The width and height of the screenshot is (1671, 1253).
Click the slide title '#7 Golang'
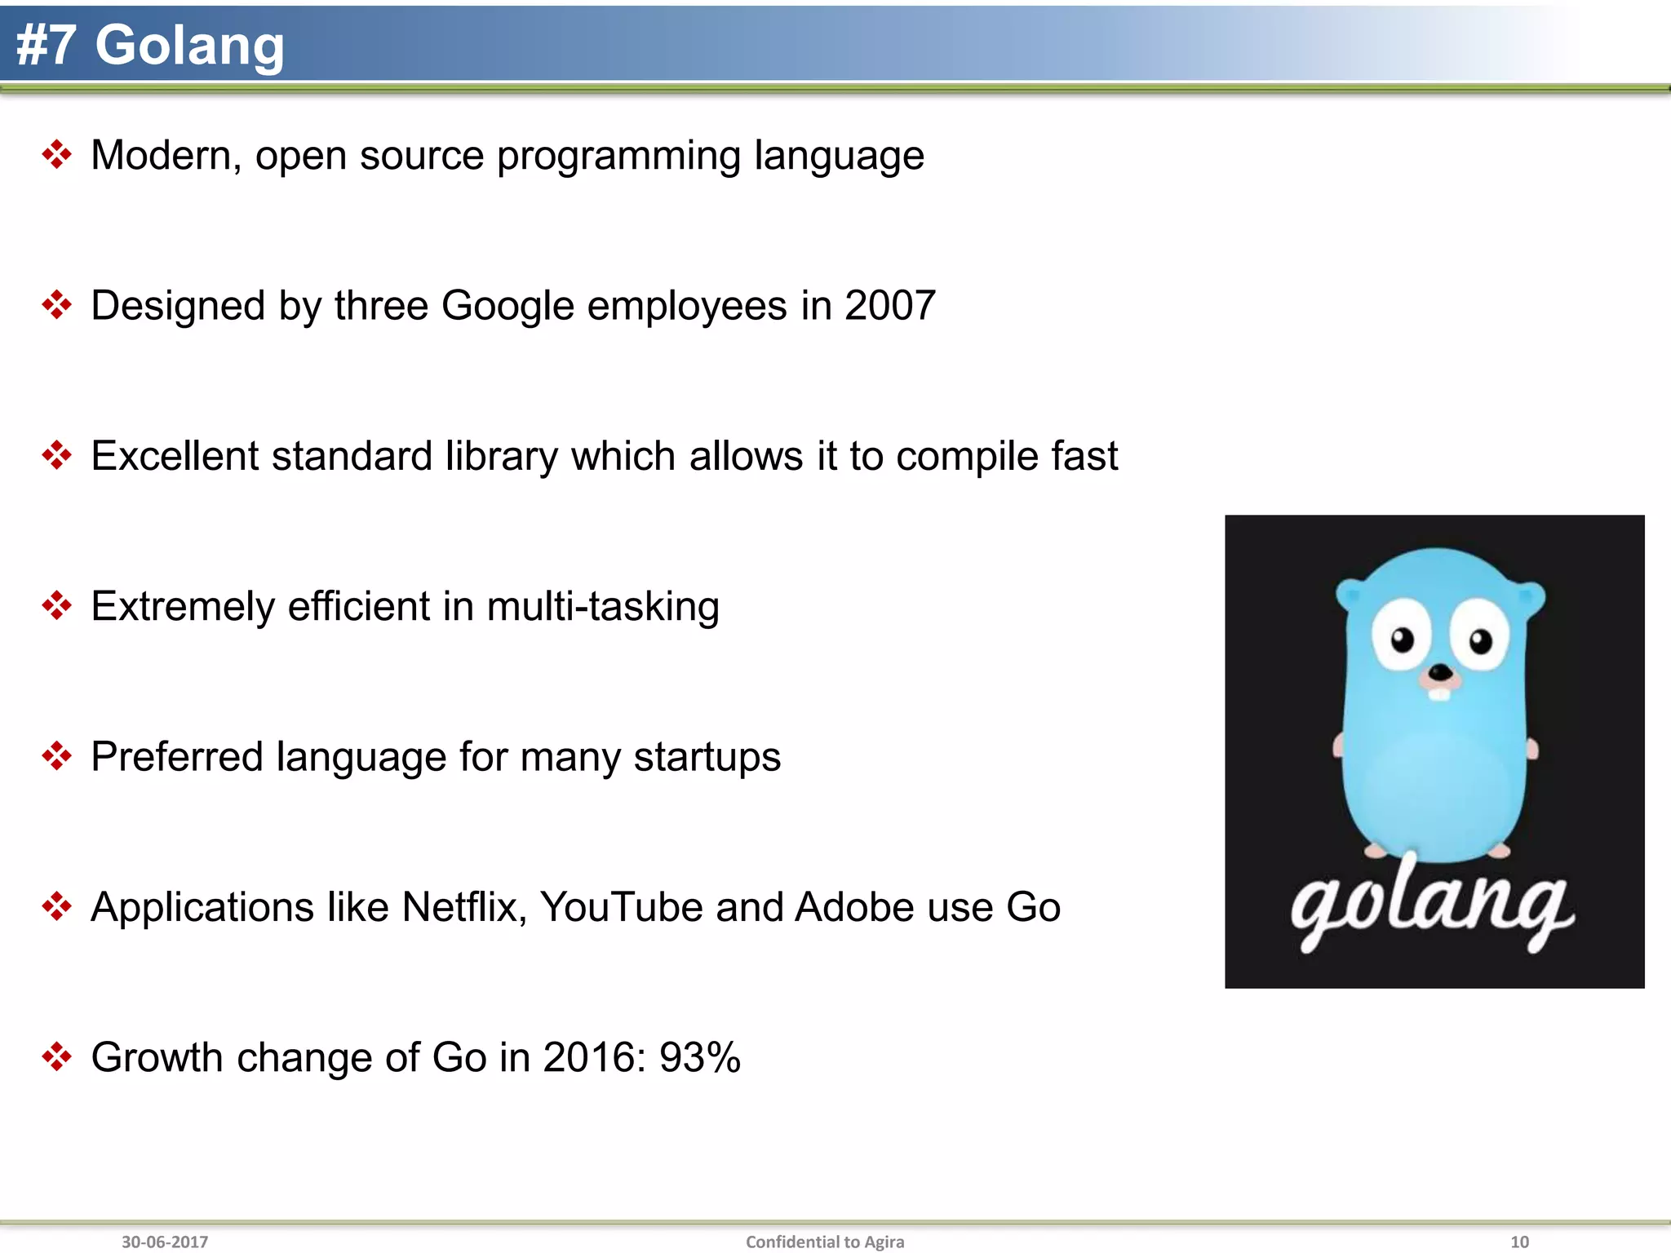[x=150, y=45]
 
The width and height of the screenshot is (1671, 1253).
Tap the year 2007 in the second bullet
[x=889, y=306]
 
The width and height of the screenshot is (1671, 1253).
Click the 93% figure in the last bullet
[x=699, y=1057]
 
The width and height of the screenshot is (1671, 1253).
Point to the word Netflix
[x=463, y=907]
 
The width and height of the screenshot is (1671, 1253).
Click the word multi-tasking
[x=603, y=607]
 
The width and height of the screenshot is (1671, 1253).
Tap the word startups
[x=707, y=757]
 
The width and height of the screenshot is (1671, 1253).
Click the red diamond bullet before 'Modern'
[x=56, y=154]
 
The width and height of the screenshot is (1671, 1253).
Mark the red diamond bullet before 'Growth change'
[x=56, y=1056]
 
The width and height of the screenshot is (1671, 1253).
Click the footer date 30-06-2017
[x=165, y=1242]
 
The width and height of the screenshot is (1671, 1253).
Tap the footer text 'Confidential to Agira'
[x=825, y=1242]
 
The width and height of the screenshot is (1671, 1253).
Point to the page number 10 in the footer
[x=1519, y=1242]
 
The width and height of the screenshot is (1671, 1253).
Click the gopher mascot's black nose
[x=1441, y=673]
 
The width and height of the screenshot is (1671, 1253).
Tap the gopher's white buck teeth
[x=1440, y=694]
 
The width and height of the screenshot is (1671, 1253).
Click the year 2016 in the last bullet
[x=589, y=1057]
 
